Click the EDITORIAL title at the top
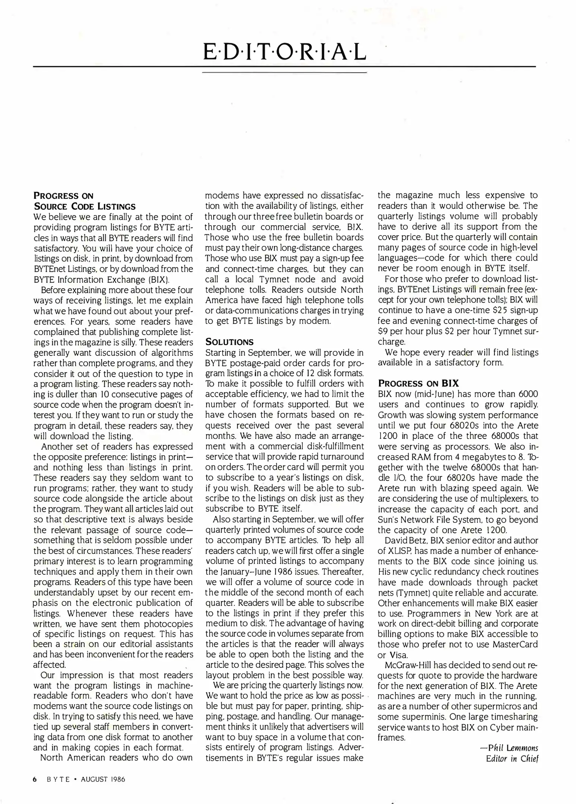pyautogui.click(x=284, y=53)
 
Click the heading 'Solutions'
pyautogui.click(x=229, y=342)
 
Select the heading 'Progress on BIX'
pyautogui.click(x=418, y=383)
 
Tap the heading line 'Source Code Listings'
pyautogui.click(x=85, y=206)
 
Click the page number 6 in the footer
pyautogui.click(x=35, y=779)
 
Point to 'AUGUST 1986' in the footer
pyautogui.click(x=103, y=779)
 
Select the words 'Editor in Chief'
pyautogui.click(x=512, y=759)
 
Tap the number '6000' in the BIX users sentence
pyautogui.click(x=528, y=394)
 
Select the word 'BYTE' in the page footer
pyautogui.click(x=58, y=779)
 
